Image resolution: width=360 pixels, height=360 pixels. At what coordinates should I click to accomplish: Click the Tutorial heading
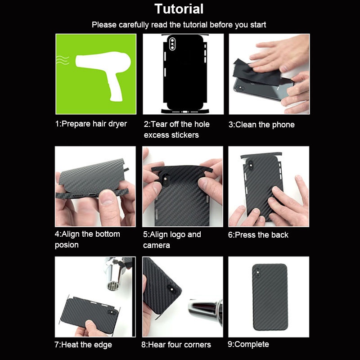coord(179,9)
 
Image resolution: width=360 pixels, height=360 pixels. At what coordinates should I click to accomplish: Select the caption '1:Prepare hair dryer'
coord(91,124)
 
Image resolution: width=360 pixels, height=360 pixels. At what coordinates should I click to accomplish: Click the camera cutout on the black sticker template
coord(174,45)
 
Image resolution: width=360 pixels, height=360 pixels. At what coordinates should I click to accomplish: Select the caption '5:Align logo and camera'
coord(172,240)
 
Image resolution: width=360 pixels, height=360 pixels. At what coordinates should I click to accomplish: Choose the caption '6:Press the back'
coord(258,235)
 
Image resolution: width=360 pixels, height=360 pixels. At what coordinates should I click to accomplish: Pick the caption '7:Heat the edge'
coord(83,345)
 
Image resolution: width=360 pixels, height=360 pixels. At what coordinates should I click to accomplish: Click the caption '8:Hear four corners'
coord(176,345)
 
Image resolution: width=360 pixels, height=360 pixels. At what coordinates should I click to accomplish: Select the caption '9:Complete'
coord(248,344)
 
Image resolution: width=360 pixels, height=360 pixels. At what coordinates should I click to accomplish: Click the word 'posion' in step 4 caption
coord(67,245)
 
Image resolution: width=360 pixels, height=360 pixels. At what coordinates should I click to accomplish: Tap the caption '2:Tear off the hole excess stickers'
coord(177,130)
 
